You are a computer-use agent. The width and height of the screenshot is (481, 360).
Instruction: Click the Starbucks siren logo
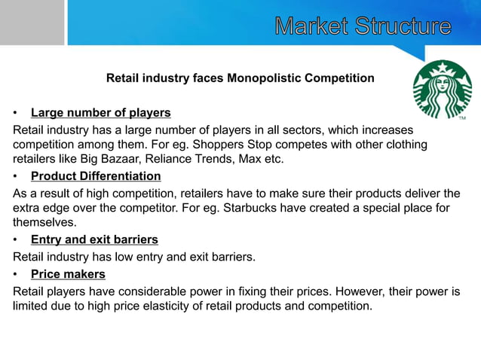coord(442,89)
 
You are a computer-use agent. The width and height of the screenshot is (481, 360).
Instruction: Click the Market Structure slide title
coord(363,26)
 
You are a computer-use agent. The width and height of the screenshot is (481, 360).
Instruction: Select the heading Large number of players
coord(100,113)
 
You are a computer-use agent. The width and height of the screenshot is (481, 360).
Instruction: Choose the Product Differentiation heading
coord(96,176)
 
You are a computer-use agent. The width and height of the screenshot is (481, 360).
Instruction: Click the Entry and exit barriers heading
coord(94,239)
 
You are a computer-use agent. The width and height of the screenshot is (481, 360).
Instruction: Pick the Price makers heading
coord(68,273)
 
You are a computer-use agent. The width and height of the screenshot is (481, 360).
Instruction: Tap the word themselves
coord(44,223)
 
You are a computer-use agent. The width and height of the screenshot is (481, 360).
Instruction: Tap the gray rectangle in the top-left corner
coord(32,23)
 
